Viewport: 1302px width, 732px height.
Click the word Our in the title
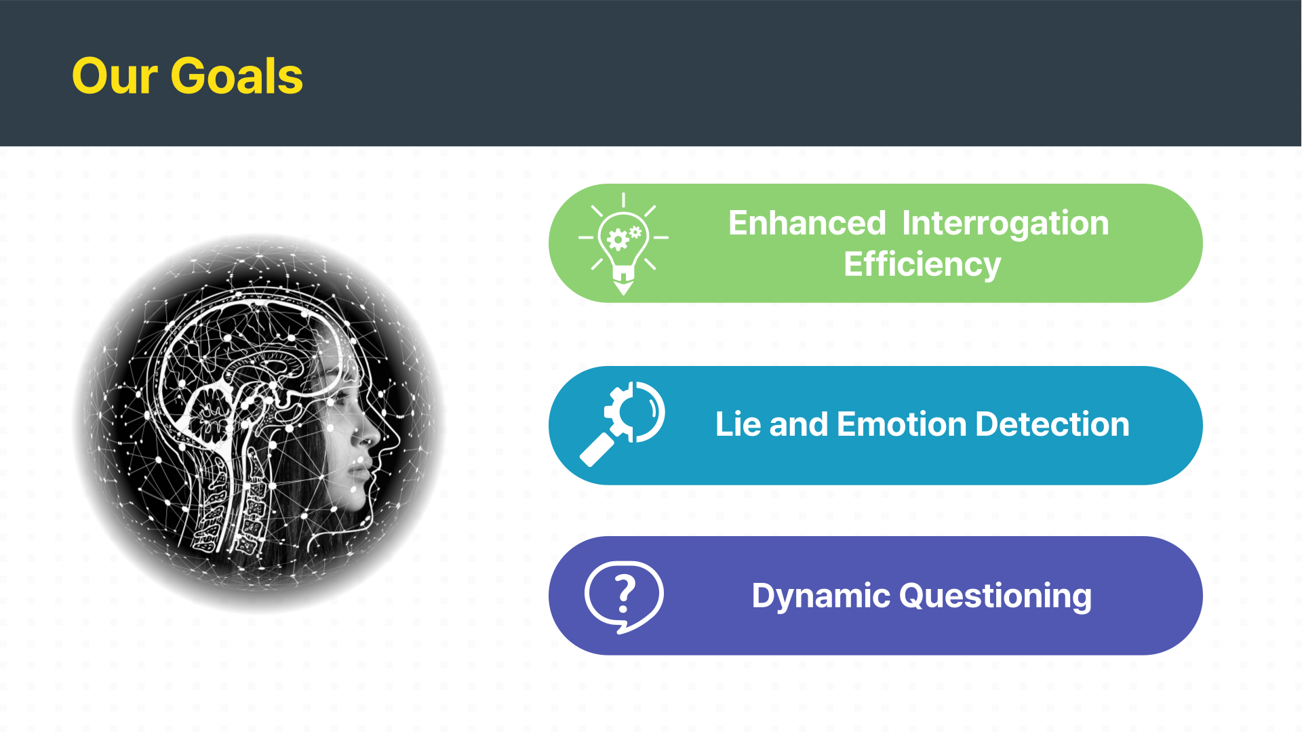click(115, 76)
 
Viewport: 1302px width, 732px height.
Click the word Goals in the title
click(237, 76)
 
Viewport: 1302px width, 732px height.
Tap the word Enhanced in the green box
click(807, 223)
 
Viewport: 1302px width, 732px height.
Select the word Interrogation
click(1006, 224)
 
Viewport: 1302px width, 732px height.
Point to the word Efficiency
click(922, 264)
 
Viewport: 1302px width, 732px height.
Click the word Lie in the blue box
click(738, 424)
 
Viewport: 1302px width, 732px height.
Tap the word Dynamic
click(821, 597)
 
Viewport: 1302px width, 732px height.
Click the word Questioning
click(995, 597)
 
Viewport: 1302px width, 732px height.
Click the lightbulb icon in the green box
click(623, 243)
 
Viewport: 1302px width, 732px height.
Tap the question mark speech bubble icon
click(624, 597)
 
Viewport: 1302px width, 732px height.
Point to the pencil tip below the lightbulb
click(623, 288)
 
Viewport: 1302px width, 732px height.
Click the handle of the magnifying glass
click(595, 450)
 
